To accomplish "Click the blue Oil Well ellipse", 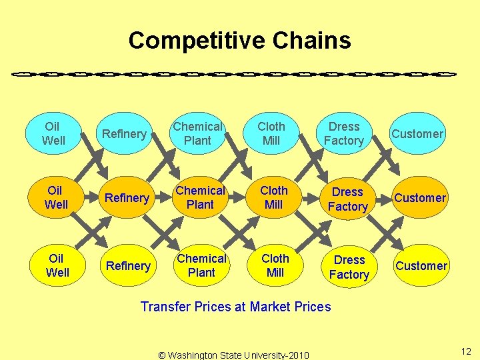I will (x=53, y=133).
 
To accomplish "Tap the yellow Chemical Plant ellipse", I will (x=201, y=265).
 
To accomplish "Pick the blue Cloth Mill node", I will (x=271, y=133).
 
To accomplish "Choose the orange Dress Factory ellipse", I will (x=347, y=199).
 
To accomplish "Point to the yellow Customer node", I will (x=421, y=266).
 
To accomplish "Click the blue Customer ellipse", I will (x=417, y=134).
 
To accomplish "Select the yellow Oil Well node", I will (x=57, y=265).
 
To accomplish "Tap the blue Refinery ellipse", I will (x=124, y=134).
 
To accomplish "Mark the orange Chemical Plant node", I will (x=200, y=198).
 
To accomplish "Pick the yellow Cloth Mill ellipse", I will (x=275, y=265).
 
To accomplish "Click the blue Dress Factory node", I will (x=344, y=133).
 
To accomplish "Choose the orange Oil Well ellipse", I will (x=56, y=198).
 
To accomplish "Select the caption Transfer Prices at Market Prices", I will (x=235, y=307).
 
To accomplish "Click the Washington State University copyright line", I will (x=233, y=355).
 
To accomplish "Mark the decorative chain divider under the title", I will (x=234, y=73).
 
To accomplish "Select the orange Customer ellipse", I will (x=420, y=198).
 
